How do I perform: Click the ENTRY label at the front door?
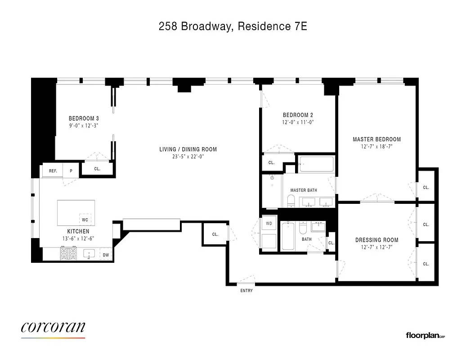click(x=246, y=291)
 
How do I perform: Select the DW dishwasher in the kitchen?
click(x=105, y=255)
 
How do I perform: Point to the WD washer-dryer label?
click(x=269, y=223)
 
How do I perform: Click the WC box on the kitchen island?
click(x=85, y=220)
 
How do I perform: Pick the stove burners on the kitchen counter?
click(x=69, y=254)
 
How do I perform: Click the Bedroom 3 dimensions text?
click(x=84, y=126)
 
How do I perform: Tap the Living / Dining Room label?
click(x=188, y=149)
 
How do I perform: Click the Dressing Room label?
click(x=377, y=240)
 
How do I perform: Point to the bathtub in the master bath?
click(x=317, y=164)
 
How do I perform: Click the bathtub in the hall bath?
click(x=288, y=237)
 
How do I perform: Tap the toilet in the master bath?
click(x=291, y=201)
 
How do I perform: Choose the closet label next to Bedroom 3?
click(x=97, y=169)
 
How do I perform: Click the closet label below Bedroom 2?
click(x=271, y=163)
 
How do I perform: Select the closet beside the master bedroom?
click(x=426, y=187)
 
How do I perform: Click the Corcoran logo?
click(x=53, y=328)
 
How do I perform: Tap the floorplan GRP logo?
click(x=425, y=335)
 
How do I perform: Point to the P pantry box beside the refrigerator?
click(x=71, y=171)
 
